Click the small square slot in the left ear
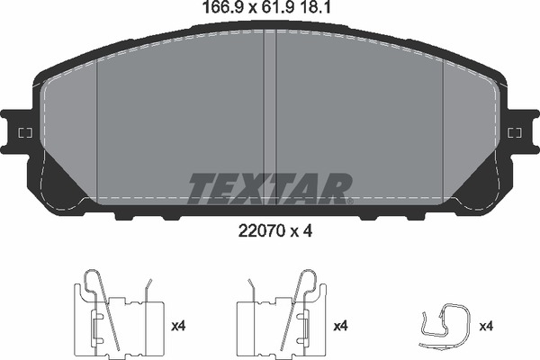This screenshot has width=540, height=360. [x=24, y=133]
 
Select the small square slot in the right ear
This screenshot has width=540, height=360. [x=515, y=133]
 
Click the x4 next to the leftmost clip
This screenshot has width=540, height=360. [x=177, y=325]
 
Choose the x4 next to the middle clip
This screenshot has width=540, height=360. [x=341, y=325]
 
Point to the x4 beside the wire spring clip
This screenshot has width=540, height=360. [x=487, y=325]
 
